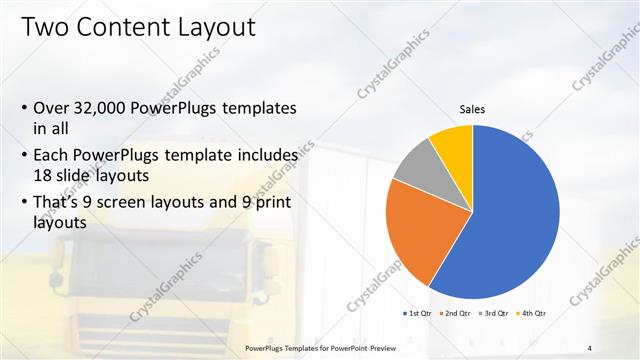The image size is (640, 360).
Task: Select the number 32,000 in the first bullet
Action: click(110, 107)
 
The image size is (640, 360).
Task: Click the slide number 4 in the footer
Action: click(590, 348)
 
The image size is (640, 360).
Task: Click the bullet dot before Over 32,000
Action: click(24, 107)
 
